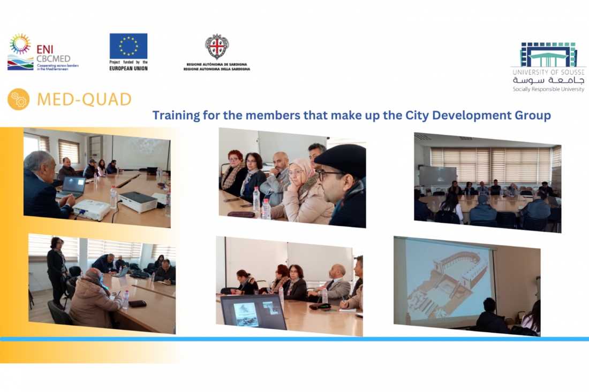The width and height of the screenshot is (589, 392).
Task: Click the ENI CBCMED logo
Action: tap(43, 52)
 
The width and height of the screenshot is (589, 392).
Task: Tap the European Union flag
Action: tap(129, 46)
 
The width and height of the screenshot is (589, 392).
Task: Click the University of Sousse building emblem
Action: tap(548, 55)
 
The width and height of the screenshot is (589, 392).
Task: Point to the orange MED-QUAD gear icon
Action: tap(18, 99)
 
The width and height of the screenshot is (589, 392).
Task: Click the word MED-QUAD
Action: tap(85, 100)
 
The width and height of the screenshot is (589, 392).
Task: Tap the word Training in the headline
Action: tap(176, 116)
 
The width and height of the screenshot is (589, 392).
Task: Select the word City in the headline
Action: tap(417, 116)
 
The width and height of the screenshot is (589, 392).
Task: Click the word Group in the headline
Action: tap(533, 116)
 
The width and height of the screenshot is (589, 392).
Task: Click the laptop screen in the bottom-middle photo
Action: tap(254, 312)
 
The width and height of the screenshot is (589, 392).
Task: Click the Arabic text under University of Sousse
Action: tap(548, 80)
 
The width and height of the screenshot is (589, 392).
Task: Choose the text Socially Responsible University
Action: tap(548, 89)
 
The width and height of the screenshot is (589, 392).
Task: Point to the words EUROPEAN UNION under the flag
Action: tap(129, 68)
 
